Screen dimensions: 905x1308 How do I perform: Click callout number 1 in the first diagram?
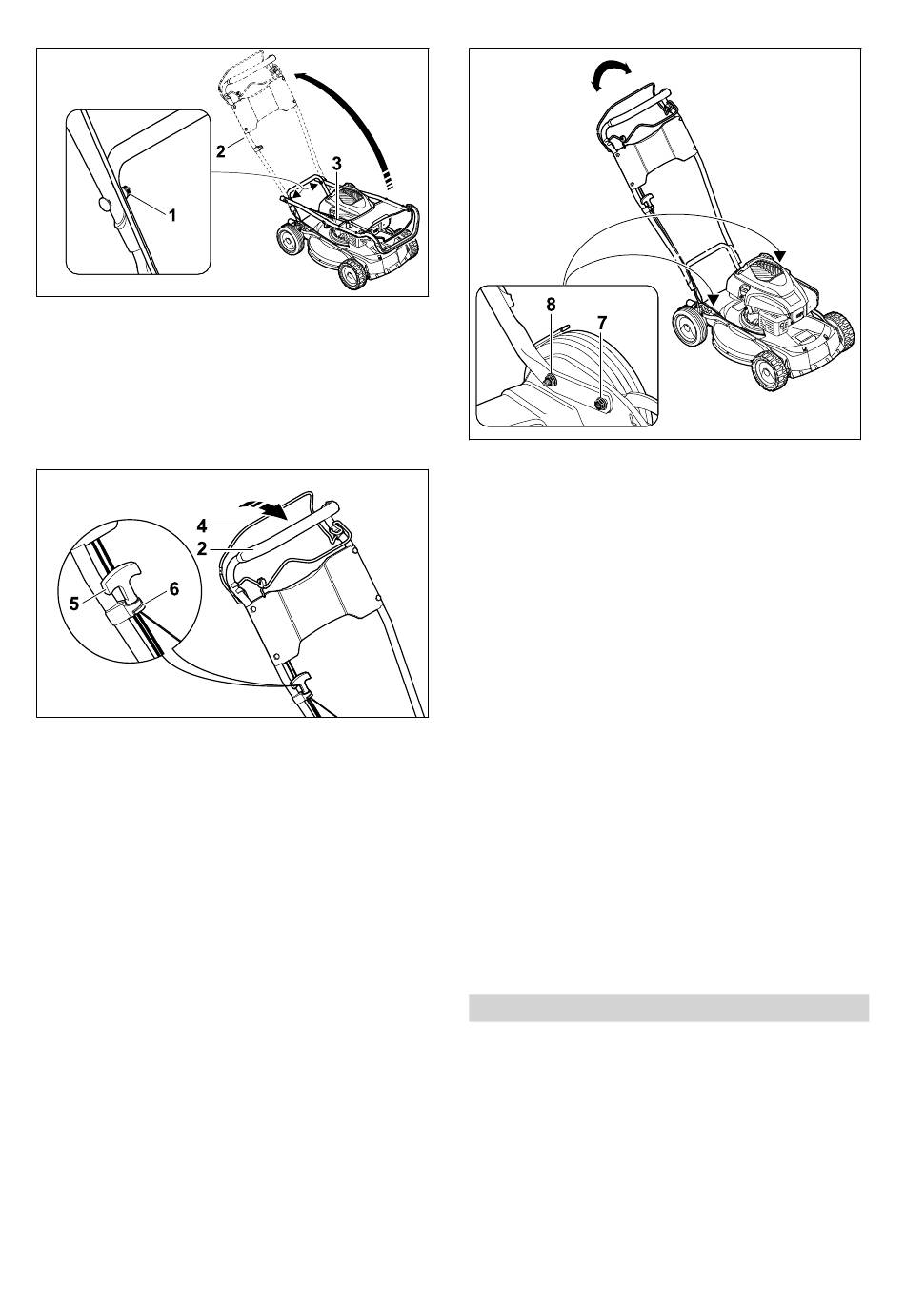click(172, 215)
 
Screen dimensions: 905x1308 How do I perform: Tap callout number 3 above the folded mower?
click(337, 164)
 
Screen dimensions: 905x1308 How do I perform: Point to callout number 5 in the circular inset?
click(74, 604)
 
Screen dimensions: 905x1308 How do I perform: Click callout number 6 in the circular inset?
click(174, 589)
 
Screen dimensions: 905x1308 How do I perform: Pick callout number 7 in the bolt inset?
click(602, 323)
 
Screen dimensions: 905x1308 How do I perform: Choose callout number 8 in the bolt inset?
click(551, 305)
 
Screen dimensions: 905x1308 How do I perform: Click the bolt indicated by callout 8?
click(550, 382)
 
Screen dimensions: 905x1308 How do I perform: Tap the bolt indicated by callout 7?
click(601, 403)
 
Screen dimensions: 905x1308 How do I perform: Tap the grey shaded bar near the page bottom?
click(669, 1008)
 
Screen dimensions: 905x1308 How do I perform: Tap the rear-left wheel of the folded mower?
click(288, 240)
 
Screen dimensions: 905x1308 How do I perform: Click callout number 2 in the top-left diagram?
click(220, 151)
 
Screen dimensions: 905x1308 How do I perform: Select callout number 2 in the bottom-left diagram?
click(202, 549)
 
